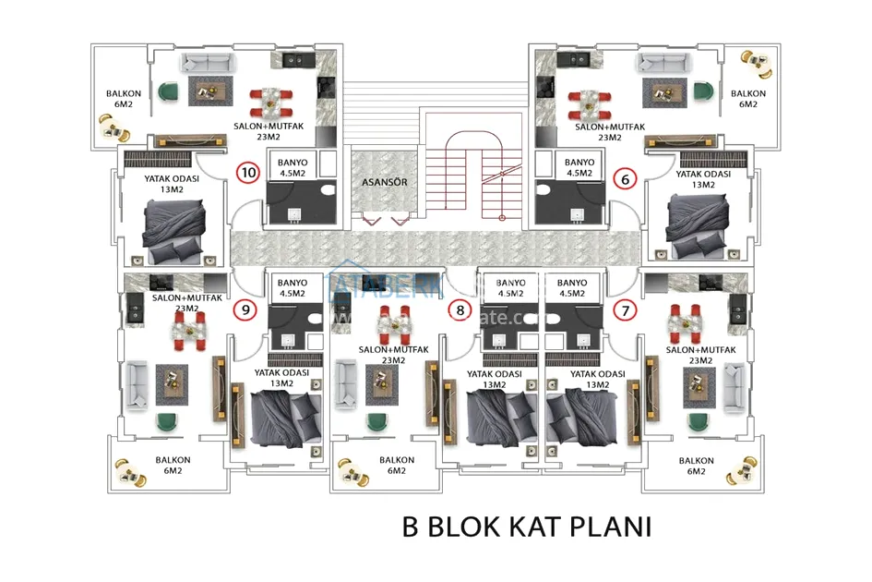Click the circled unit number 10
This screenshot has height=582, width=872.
pyautogui.click(x=248, y=172)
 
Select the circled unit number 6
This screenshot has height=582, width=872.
pyautogui.click(x=626, y=179)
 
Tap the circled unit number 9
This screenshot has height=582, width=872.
pyautogui.click(x=245, y=310)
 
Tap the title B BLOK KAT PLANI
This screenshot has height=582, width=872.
pyautogui.click(x=527, y=527)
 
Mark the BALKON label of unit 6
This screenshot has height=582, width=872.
pyautogui.click(x=747, y=99)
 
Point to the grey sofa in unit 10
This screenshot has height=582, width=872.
pyautogui.click(x=205, y=64)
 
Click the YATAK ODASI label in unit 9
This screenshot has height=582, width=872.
pyautogui.click(x=274, y=379)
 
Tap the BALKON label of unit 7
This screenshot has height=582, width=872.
pyautogui.click(x=696, y=466)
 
